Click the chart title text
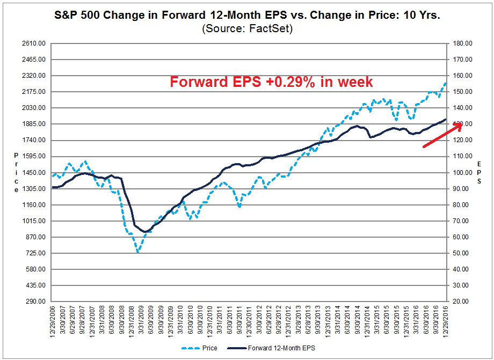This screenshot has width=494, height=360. click(x=247, y=16)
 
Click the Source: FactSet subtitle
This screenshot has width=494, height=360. click(x=247, y=29)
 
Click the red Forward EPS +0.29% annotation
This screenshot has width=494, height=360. click(x=271, y=82)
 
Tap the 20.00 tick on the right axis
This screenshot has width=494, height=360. click(x=462, y=302)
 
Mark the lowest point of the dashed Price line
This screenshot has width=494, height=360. click(x=138, y=252)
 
